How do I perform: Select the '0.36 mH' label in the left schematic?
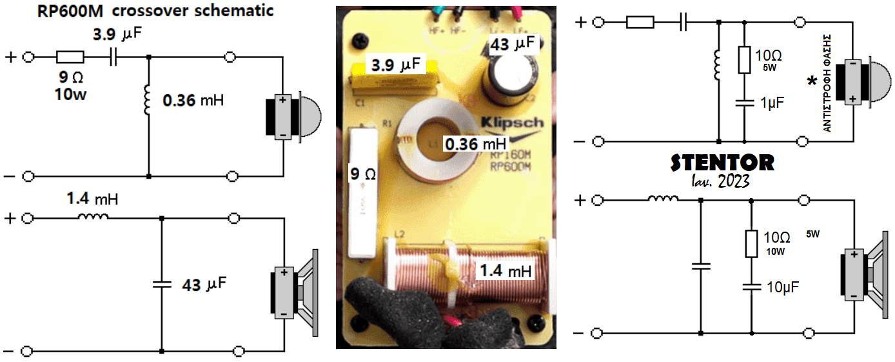[x=195, y=101]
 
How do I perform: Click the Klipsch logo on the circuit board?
[x=512, y=123]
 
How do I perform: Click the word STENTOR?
[x=722, y=163]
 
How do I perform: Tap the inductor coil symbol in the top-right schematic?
[x=717, y=64]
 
